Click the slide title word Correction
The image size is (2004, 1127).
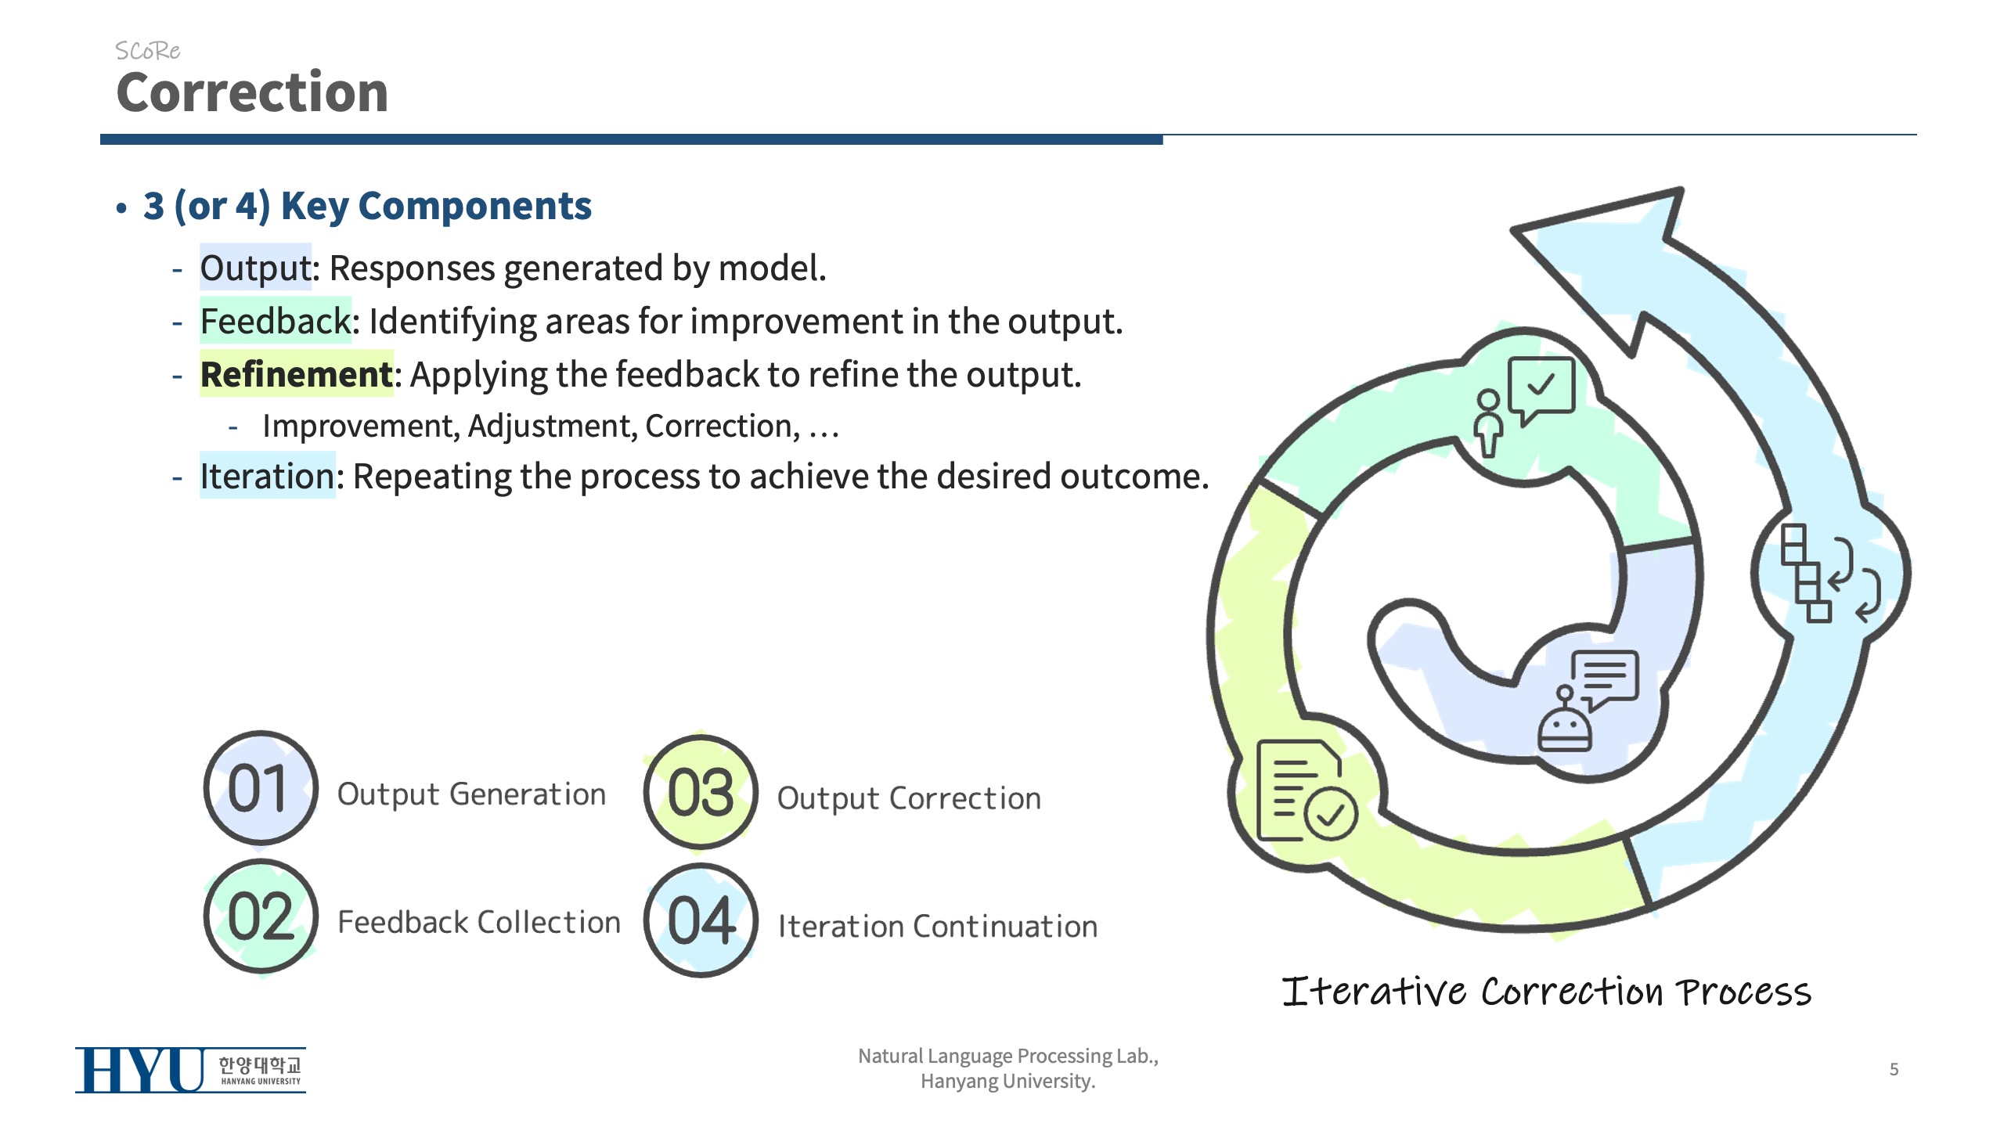(252, 92)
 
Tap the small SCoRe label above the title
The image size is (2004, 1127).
(147, 51)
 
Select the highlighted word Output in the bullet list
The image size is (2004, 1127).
(255, 268)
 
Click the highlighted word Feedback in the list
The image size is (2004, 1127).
(275, 321)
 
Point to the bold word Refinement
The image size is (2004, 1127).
(296, 374)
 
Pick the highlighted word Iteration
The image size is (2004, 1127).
(267, 476)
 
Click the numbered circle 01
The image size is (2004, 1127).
(260, 788)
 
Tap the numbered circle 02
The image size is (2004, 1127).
(260, 916)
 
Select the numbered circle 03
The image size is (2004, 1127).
(701, 792)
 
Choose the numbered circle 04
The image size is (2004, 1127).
(701, 920)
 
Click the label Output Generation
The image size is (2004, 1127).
(471, 794)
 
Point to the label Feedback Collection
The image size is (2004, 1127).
(478, 922)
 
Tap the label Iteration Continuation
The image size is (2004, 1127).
(937, 927)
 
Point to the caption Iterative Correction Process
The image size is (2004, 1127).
(1546, 992)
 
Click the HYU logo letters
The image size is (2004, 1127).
(139, 1070)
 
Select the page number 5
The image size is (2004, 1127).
(1894, 1069)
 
